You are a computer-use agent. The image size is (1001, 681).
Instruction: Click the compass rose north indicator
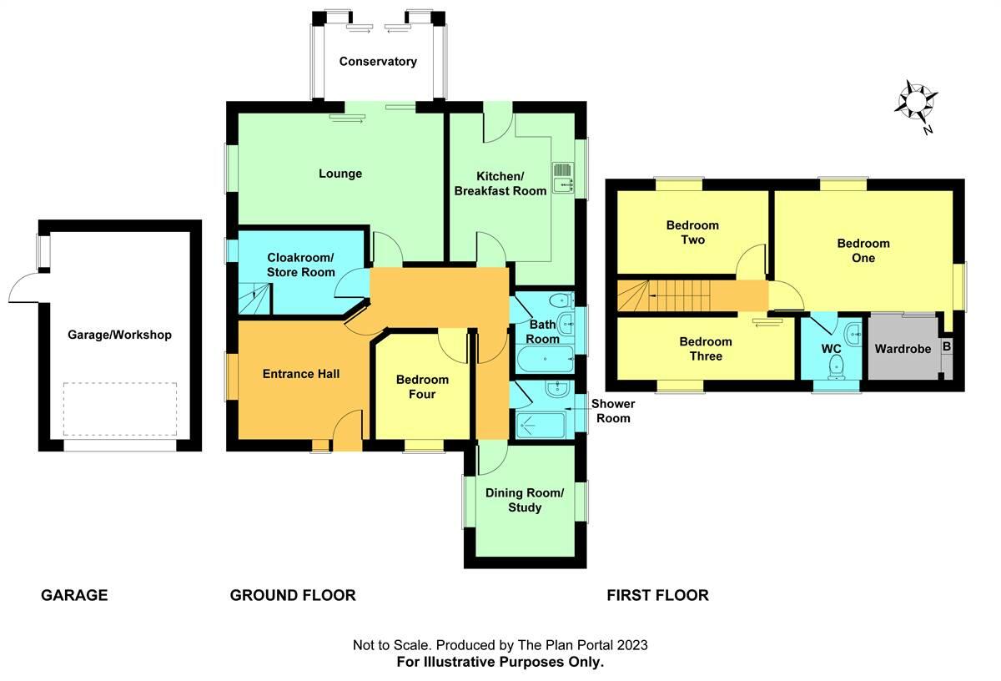pyautogui.click(x=915, y=102)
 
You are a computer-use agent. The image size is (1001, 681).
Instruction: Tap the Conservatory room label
pyautogui.click(x=378, y=62)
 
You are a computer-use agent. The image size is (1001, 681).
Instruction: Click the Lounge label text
pyautogui.click(x=340, y=174)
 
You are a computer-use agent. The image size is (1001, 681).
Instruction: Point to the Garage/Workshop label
pyautogui.click(x=119, y=335)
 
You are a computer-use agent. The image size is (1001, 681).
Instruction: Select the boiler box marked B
pyautogui.click(x=946, y=346)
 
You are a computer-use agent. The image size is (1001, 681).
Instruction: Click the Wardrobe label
pyautogui.click(x=903, y=349)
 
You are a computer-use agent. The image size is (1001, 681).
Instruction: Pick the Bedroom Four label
pyautogui.click(x=422, y=387)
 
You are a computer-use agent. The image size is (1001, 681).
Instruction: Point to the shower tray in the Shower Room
pyautogui.click(x=542, y=425)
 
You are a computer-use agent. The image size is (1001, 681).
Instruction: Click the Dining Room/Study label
pyautogui.click(x=525, y=500)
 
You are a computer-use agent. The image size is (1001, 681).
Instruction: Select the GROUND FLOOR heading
pyautogui.click(x=293, y=595)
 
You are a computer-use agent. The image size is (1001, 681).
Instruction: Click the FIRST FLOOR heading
pyautogui.click(x=657, y=595)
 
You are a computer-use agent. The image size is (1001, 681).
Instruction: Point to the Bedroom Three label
pyautogui.click(x=706, y=349)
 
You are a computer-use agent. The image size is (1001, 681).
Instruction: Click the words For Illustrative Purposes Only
pyautogui.click(x=500, y=662)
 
